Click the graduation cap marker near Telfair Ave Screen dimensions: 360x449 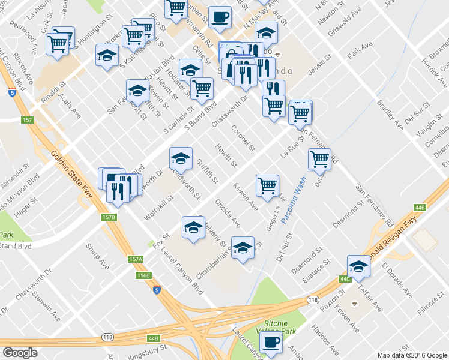358,266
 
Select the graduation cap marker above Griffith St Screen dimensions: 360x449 181,158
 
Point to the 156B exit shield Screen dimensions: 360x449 143,275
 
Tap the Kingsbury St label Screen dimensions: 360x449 150,350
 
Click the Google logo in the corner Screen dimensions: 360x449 20,353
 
